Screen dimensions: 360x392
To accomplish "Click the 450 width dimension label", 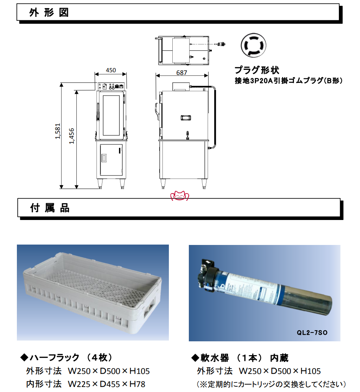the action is [x=111, y=70].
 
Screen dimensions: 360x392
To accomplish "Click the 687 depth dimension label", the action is [x=182, y=73].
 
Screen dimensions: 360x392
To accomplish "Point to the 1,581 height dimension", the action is [x=58, y=131].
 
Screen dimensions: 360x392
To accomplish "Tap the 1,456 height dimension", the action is [x=72, y=136].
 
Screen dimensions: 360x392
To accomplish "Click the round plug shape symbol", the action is [x=253, y=45].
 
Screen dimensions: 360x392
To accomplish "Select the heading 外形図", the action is [x=49, y=13].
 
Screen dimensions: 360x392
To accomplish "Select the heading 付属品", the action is [x=50, y=208].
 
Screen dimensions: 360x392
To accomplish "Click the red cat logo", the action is [x=180, y=196].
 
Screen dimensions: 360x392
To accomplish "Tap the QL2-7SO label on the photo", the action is [x=312, y=332].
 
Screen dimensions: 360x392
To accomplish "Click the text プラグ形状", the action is [x=257, y=70].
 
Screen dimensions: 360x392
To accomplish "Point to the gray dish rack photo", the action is [x=92, y=293].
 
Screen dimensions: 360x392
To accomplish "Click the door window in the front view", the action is [x=111, y=115].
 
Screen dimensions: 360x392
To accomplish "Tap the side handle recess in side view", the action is [x=186, y=117].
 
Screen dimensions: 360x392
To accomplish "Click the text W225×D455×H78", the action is [x=106, y=384].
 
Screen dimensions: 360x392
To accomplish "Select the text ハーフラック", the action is [x=54, y=357].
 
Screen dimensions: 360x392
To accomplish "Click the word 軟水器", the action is [x=215, y=358].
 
